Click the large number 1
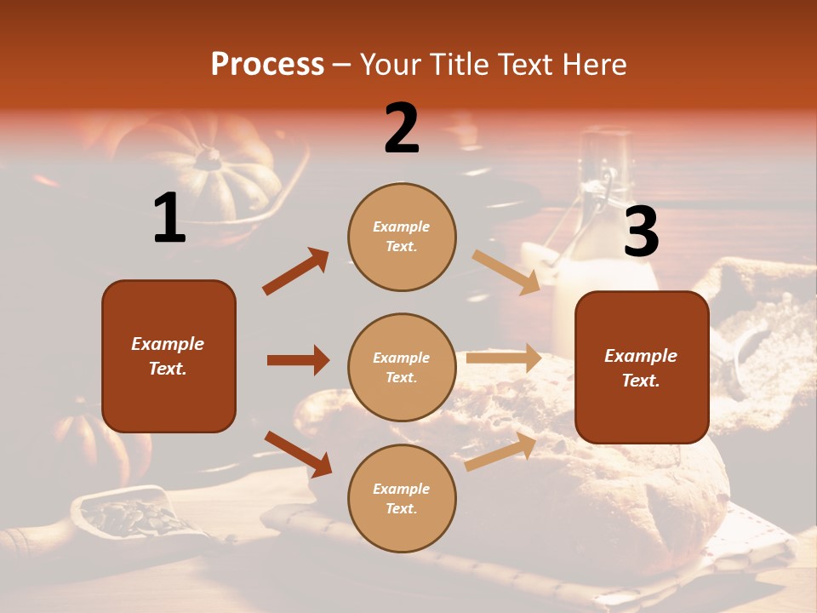coord(169,218)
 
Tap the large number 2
coord(402,129)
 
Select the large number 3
coord(641,232)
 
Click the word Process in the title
coord(267,64)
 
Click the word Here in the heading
coord(592,64)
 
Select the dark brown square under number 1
coord(169,356)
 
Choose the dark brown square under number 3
coord(641,367)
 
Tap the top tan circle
coord(402,236)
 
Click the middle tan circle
coord(402,367)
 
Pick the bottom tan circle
coord(402,498)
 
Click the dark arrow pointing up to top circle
coord(296,271)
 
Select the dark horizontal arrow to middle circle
coord(298,360)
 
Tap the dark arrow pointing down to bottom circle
coord(298,453)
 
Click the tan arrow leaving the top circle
coord(506,272)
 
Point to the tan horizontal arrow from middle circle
coord(504,358)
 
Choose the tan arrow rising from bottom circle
coord(501,450)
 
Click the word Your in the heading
coord(391,64)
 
